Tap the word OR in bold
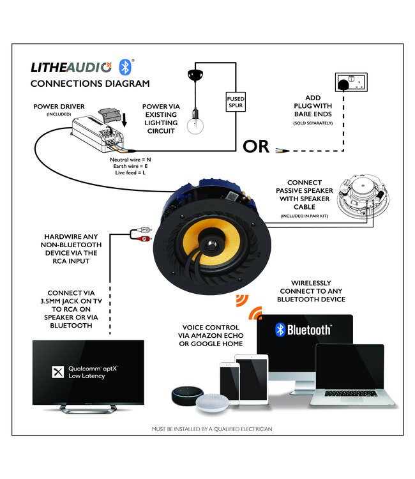(x=257, y=147)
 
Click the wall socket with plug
(x=349, y=84)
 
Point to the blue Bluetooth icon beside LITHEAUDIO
(x=126, y=66)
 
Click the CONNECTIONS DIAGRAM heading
(x=90, y=84)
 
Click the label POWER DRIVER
(x=59, y=106)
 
